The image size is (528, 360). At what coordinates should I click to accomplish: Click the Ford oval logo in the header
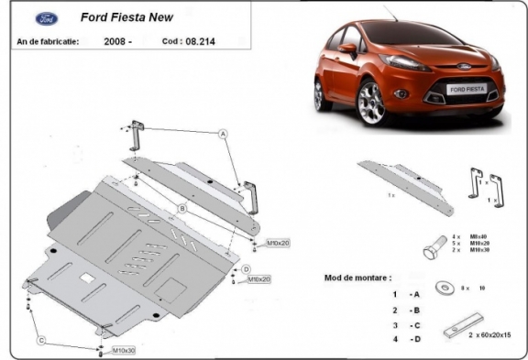[44, 18]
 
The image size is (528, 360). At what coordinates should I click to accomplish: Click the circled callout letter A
[222, 134]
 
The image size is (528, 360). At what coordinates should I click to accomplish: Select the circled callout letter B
[182, 209]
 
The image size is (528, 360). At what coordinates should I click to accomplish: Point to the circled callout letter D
[247, 268]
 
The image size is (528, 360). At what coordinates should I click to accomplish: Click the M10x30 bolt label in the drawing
[125, 350]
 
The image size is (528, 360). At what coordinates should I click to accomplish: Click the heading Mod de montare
[358, 277]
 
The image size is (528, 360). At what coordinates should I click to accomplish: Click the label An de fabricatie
[47, 41]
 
